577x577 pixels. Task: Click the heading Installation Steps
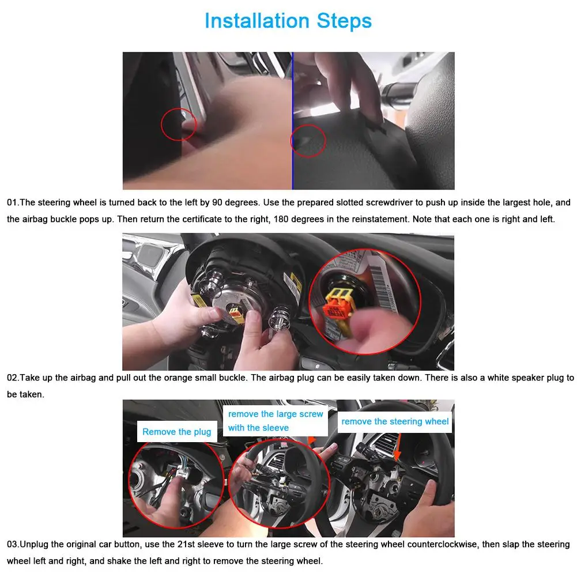[288, 21]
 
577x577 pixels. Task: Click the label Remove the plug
[176, 432]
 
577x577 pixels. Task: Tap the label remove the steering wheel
[395, 421]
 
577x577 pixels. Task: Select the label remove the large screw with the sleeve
[276, 421]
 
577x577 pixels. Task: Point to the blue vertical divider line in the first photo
[293, 120]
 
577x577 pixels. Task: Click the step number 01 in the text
[12, 203]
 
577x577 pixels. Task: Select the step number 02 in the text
[12, 378]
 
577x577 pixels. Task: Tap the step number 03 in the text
[12, 545]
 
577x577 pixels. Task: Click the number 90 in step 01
[217, 203]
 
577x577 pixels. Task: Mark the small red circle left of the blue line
[179, 124]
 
